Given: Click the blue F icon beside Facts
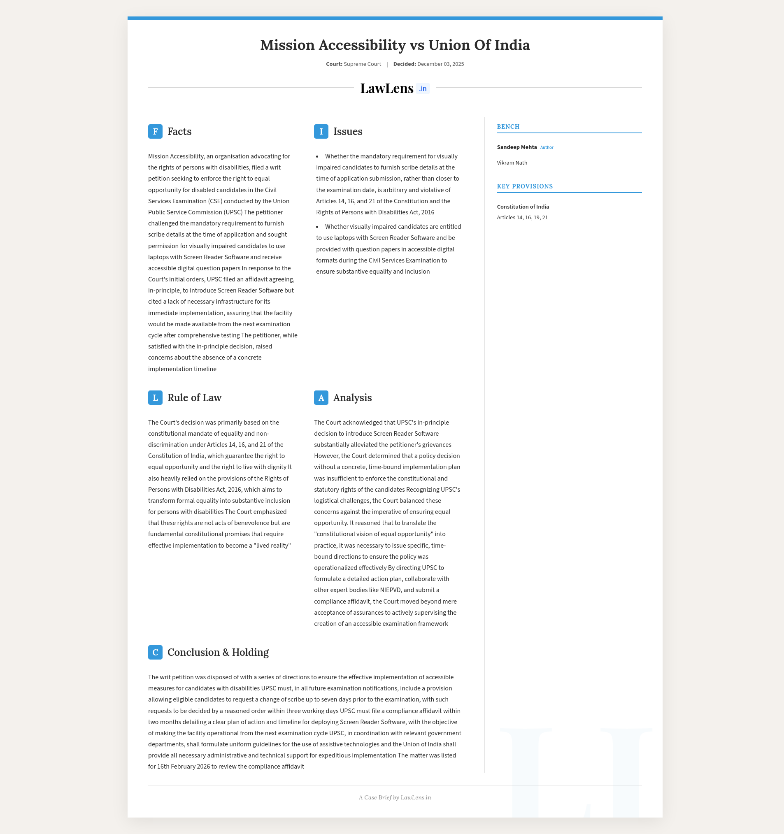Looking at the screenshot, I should (155, 132).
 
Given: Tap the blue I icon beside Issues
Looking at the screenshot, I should (321, 132).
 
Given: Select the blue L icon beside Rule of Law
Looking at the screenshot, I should (155, 398).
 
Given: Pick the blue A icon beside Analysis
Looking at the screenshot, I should (321, 398).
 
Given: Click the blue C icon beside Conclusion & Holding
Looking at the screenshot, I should (155, 653).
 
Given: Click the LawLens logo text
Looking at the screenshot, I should (386, 88).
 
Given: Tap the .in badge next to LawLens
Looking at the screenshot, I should (423, 89).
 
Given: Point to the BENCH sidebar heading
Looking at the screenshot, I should (508, 127).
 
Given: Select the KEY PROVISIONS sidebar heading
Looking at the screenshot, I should (525, 186).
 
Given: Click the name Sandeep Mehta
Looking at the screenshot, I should (516, 147).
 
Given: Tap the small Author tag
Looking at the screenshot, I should (547, 148).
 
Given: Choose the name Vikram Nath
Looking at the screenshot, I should (512, 163).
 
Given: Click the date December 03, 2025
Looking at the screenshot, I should (440, 64).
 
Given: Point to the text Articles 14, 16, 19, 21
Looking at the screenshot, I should (522, 218).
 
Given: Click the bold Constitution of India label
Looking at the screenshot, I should (523, 207).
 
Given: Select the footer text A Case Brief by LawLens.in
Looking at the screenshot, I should (395, 797).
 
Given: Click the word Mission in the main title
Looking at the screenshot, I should (287, 45).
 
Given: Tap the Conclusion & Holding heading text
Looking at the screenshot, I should (218, 653).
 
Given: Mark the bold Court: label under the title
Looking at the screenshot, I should (334, 64).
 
